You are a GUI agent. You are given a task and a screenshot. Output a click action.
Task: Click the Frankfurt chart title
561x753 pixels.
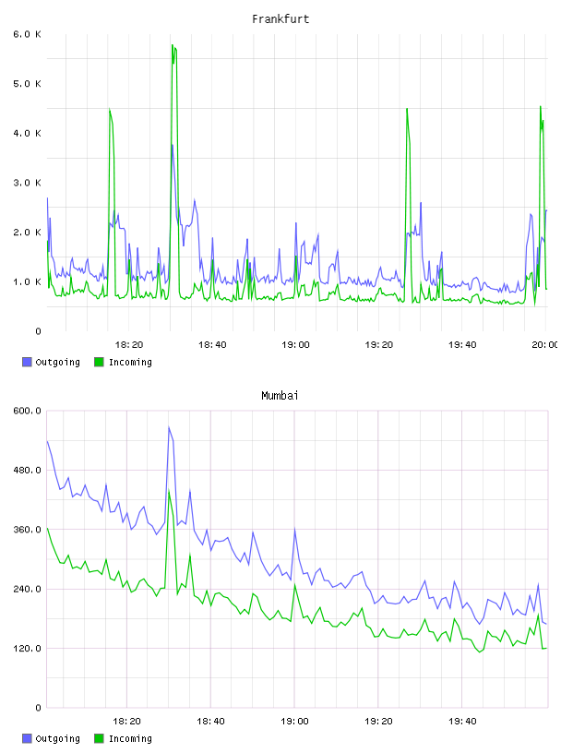(x=280, y=19)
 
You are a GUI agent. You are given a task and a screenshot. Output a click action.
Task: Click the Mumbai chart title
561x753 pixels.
(x=280, y=396)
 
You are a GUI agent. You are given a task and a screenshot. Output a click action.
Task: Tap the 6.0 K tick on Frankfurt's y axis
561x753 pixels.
(x=28, y=34)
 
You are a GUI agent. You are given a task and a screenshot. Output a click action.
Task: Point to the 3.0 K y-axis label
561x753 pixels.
(x=28, y=183)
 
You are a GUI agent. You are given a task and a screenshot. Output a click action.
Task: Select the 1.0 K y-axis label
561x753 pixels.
(x=28, y=281)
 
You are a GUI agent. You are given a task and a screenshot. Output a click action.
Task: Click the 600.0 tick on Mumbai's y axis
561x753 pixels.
(x=28, y=411)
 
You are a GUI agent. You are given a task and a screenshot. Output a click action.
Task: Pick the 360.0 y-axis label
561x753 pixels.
(x=28, y=529)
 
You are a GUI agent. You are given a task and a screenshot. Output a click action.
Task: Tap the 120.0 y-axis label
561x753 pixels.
(x=28, y=649)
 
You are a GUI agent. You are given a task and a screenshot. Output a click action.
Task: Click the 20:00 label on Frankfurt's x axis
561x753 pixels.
(x=545, y=345)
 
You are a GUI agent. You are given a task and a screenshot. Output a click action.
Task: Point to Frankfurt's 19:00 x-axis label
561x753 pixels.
(x=295, y=345)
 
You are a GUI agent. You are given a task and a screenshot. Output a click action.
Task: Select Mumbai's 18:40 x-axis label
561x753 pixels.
(x=210, y=722)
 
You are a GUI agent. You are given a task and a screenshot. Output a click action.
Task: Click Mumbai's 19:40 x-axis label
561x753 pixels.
(x=462, y=722)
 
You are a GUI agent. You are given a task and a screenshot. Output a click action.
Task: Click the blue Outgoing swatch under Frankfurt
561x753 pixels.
(x=27, y=362)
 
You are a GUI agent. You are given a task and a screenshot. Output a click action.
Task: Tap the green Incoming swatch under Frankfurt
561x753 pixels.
(x=99, y=362)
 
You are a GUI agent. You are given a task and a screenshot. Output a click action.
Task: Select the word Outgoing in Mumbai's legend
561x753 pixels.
(x=57, y=738)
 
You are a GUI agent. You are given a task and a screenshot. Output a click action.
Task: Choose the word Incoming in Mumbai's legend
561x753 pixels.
(x=130, y=738)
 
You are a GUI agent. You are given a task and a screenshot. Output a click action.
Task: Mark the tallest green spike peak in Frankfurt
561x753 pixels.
(x=173, y=45)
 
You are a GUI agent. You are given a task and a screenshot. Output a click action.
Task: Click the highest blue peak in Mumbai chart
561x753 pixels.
(x=169, y=427)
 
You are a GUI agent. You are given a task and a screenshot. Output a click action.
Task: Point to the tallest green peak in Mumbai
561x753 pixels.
(x=169, y=490)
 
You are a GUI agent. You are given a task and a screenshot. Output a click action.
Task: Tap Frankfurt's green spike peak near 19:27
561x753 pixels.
(x=407, y=109)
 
